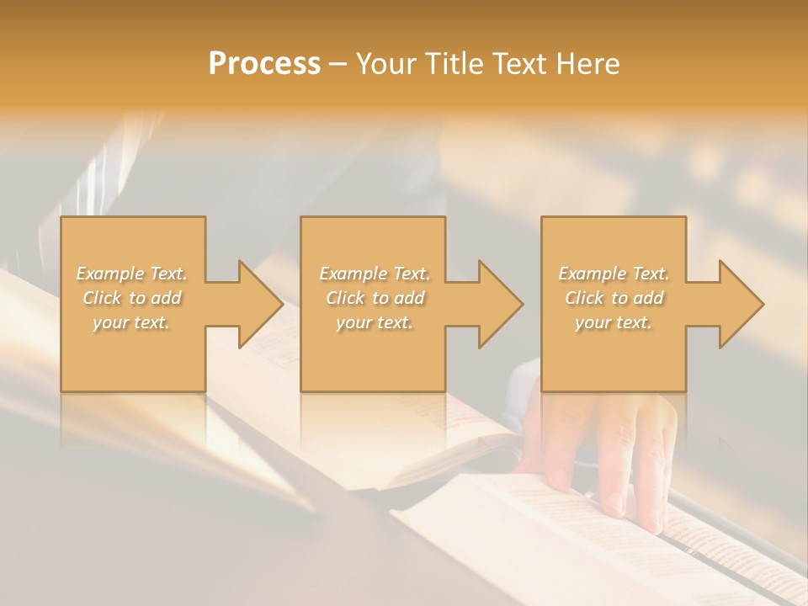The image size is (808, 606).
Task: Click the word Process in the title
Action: (x=264, y=64)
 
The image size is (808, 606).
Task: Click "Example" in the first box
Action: (x=110, y=274)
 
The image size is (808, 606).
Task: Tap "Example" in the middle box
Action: (x=353, y=274)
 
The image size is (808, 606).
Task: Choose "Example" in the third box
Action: (x=592, y=274)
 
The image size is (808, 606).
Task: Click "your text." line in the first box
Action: (x=131, y=322)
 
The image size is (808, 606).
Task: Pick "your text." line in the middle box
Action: (x=374, y=322)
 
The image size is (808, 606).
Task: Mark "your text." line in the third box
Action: (x=614, y=322)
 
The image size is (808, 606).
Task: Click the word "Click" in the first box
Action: (x=102, y=298)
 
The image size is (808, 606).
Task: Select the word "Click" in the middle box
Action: (x=345, y=298)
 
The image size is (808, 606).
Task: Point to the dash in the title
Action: (x=338, y=64)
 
